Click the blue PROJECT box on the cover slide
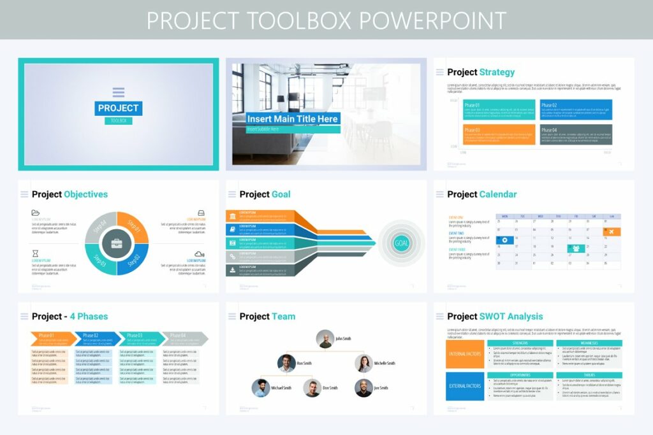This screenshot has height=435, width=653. click(119, 108)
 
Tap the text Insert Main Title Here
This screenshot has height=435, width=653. click(293, 119)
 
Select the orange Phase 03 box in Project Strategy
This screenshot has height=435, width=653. click(499, 134)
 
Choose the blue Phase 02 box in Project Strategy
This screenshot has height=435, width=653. click(576, 110)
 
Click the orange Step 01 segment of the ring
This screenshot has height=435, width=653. click(134, 227)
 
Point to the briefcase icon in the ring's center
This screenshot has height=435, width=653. click(117, 243)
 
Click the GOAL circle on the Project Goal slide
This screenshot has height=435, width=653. click(402, 243)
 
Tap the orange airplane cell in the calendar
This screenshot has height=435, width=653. click(612, 231)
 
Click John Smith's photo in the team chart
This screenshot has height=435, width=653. click(325, 339)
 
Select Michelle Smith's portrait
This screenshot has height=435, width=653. click(363, 363)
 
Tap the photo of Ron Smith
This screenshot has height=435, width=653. click(286, 363)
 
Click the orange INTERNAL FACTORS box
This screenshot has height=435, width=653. click(465, 354)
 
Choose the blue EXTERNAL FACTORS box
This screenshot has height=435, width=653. click(465, 386)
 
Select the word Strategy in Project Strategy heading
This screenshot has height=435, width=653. click(497, 72)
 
